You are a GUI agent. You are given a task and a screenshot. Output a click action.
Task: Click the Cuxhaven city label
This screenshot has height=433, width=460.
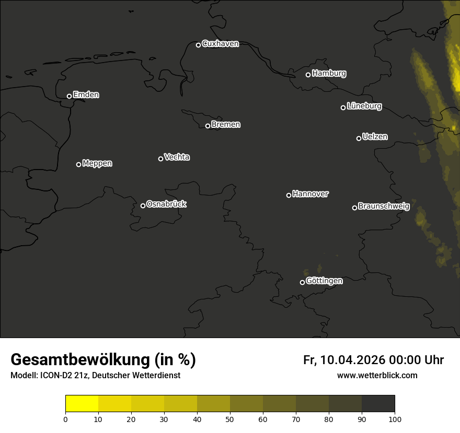220,44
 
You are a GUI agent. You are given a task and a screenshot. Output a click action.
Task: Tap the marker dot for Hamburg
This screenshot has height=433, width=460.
308,75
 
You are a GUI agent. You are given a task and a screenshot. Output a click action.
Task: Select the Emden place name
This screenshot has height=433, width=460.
86,95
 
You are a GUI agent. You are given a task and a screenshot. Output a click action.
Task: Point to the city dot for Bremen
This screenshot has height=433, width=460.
208,126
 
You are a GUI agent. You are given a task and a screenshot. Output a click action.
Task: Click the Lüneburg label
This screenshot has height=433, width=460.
364,106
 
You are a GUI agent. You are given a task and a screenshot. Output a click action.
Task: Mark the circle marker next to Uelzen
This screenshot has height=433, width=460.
359,138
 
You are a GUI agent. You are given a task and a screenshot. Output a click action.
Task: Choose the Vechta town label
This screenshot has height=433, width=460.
177,157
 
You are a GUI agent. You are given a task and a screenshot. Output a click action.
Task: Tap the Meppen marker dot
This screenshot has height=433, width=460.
78,164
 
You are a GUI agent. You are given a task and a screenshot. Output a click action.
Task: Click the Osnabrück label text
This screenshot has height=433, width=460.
166,204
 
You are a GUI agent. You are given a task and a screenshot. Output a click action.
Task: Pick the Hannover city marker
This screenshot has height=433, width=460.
289,195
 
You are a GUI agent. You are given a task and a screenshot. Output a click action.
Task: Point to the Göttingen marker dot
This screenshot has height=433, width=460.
302,282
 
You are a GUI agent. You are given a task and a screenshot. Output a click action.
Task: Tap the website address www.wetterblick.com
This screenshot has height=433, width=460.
377,376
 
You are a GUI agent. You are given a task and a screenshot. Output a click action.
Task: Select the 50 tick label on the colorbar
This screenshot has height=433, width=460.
230,419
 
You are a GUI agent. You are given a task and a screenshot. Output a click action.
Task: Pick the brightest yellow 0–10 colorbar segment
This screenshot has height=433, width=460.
82,404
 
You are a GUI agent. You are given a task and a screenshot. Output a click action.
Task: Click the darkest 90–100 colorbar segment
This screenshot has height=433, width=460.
378,404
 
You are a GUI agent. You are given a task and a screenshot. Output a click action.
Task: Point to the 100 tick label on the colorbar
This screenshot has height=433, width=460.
395,419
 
